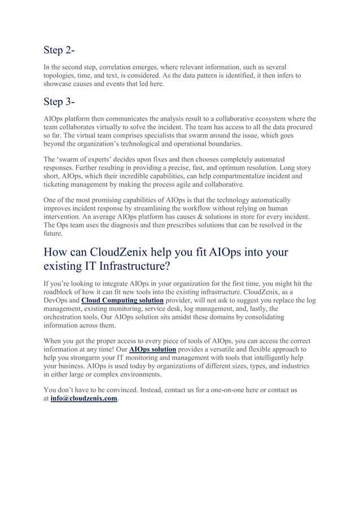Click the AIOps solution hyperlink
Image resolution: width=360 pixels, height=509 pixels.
coord(152,350)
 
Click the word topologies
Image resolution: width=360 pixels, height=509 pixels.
coord(62,75)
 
